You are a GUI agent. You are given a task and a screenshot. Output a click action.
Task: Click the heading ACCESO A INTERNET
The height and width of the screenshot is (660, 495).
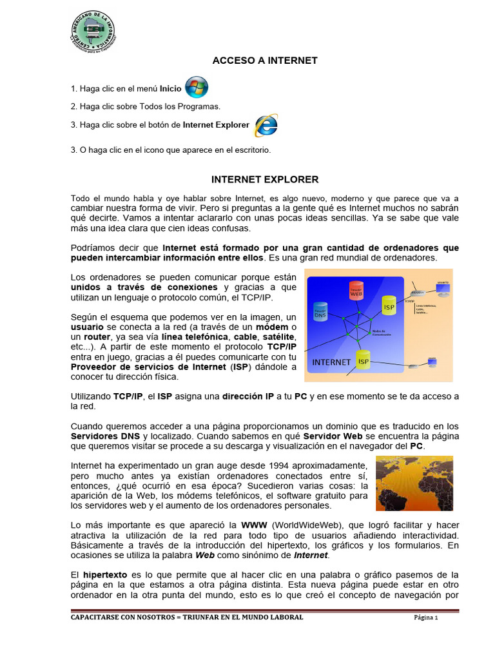[x=265, y=61]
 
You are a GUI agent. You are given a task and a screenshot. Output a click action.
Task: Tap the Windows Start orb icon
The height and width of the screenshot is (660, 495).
[x=197, y=88]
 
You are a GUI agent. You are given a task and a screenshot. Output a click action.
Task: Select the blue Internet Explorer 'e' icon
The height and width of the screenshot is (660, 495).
[x=266, y=125]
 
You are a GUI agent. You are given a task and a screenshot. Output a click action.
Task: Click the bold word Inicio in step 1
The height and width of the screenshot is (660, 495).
[x=171, y=89]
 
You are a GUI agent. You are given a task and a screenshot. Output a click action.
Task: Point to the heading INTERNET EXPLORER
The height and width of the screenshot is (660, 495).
[x=265, y=179]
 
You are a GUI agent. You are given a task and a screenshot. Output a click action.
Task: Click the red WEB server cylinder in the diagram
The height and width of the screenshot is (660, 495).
[x=356, y=292]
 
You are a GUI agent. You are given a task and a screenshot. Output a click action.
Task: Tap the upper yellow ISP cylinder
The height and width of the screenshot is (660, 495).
[x=389, y=306]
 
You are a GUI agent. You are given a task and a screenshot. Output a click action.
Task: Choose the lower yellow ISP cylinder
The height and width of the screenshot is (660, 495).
[x=364, y=361]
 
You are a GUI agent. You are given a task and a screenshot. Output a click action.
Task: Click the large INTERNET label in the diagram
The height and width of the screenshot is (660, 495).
[x=331, y=362]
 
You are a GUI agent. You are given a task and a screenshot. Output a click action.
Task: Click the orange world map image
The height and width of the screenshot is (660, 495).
[x=414, y=483]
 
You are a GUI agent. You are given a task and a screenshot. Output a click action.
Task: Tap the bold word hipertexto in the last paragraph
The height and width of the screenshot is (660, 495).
[x=105, y=574]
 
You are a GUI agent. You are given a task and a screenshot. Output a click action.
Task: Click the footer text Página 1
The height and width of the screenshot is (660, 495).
[x=425, y=617]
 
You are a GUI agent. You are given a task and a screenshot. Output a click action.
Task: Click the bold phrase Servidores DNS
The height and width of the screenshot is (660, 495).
[x=105, y=436]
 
